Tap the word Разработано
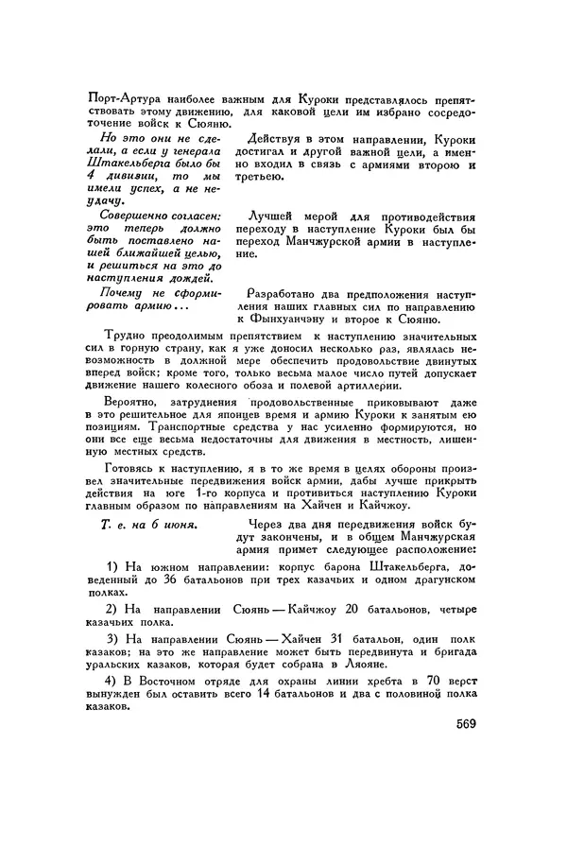tap(286, 295)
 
